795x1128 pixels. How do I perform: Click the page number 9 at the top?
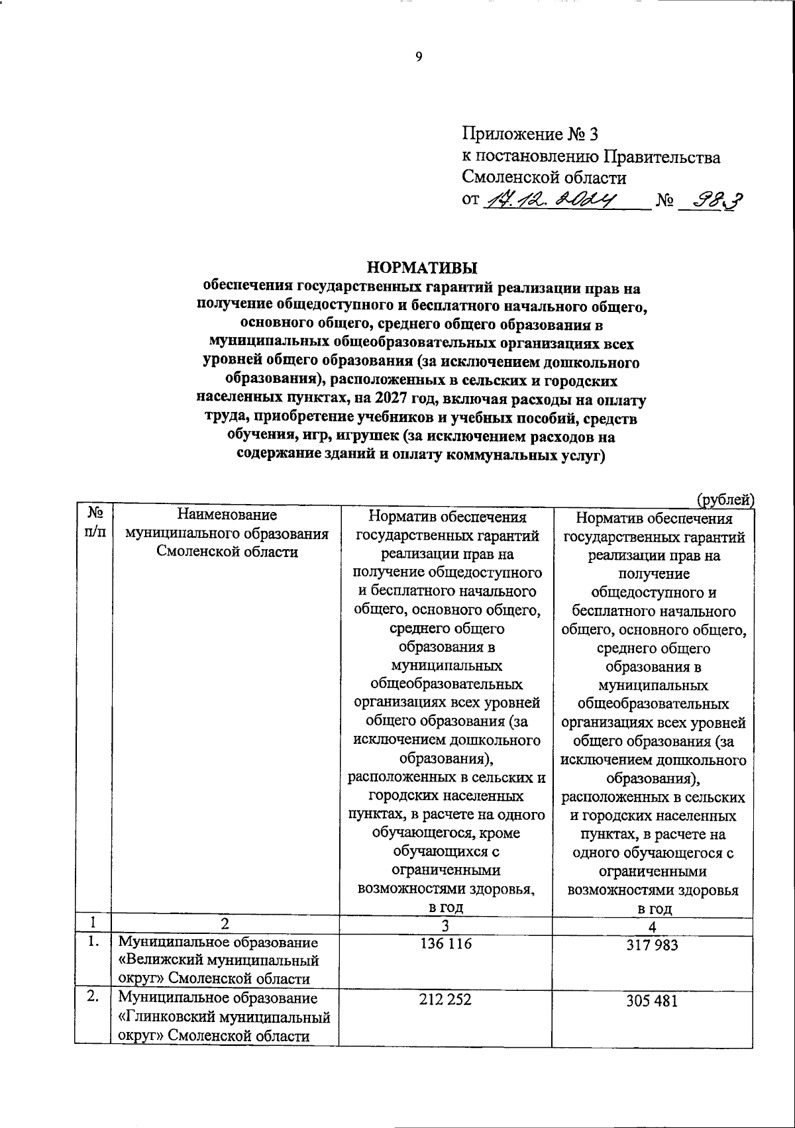point(418,57)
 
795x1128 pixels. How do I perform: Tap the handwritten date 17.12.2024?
point(551,199)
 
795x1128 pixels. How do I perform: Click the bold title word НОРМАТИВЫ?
point(422,268)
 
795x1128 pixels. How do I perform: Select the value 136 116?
point(446,943)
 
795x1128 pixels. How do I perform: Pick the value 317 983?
point(652,946)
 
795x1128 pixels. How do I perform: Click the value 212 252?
point(445,999)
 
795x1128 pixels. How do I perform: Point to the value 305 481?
point(652,1001)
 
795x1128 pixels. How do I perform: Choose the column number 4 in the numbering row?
point(652,927)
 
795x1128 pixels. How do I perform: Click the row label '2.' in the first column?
point(93,997)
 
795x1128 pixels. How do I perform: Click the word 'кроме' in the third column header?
point(502,833)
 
